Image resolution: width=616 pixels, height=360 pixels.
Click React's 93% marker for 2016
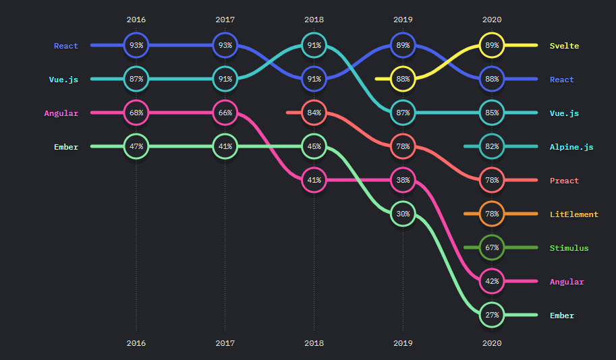point(136,46)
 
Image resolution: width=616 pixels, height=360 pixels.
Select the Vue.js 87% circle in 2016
point(136,80)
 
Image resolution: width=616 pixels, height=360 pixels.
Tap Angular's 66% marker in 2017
point(225,113)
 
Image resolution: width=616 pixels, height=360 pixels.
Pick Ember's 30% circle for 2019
point(403,214)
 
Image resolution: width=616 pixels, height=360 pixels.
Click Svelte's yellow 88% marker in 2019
point(403,80)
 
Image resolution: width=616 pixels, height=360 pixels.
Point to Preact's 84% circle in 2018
point(314,113)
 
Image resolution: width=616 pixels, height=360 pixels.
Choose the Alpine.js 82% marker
point(492,147)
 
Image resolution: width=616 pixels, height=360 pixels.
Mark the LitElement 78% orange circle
point(492,214)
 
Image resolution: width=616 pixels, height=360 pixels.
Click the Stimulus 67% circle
point(492,248)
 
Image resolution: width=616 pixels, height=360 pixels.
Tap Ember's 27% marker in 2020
point(492,315)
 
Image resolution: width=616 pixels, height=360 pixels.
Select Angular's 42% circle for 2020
point(492,281)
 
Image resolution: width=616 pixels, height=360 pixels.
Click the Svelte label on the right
point(564,46)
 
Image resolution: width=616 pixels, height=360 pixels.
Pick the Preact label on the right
point(564,181)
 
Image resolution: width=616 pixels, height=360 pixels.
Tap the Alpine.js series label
point(571,147)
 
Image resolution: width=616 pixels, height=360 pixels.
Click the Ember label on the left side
point(66,147)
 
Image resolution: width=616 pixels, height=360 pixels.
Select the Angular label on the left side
point(61,113)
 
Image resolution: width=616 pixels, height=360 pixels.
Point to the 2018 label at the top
point(314,20)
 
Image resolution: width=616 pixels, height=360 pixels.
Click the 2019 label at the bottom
point(403,343)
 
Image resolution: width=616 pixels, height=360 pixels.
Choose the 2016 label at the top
point(136,20)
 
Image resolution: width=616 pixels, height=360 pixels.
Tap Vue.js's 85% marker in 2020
point(492,113)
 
